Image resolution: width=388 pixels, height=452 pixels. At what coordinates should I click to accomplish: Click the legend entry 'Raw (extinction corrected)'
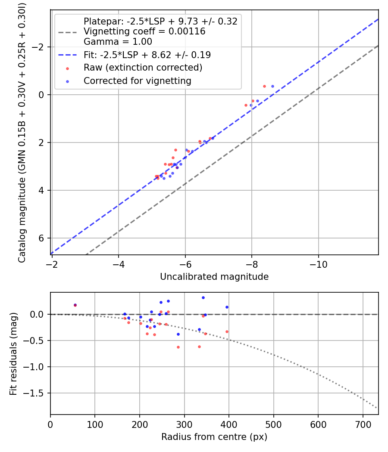click(x=143, y=68)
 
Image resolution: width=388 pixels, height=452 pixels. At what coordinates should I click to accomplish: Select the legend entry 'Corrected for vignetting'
click(x=137, y=80)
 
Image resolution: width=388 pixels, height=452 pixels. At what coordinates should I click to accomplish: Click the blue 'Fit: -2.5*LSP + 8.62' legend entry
click(x=147, y=55)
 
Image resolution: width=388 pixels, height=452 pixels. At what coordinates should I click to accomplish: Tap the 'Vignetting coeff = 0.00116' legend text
click(x=144, y=31)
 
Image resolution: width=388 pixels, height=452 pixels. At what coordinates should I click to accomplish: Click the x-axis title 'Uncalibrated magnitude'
click(x=214, y=277)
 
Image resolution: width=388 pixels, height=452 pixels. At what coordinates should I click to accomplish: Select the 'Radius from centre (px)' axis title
click(x=214, y=437)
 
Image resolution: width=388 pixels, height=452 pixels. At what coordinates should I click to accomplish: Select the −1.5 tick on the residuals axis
click(x=37, y=393)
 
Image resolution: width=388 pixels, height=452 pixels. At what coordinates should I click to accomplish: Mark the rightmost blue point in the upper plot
click(x=272, y=87)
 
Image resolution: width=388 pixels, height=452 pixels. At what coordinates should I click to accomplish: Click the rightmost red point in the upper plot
click(x=264, y=86)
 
